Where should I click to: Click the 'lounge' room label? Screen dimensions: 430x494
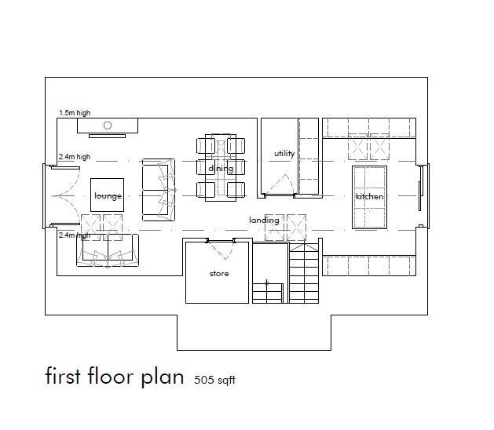point(108,196)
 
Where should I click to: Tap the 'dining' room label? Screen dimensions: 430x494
point(221,169)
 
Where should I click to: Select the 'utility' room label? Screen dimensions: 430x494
point(284,154)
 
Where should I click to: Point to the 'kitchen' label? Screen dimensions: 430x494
point(369,197)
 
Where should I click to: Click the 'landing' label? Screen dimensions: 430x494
point(264,220)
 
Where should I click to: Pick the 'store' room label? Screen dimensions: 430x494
point(219,274)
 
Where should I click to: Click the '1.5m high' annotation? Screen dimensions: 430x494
point(75,113)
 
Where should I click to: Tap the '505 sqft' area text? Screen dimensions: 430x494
point(215,381)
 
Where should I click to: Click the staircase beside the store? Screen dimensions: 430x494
point(305,271)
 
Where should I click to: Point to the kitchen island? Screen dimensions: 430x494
point(369,197)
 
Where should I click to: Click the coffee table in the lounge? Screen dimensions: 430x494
point(108,195)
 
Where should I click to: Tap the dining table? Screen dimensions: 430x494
point(221,167)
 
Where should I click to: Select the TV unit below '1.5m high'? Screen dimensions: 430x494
point(108,126)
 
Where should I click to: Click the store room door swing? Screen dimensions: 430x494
point(221,250)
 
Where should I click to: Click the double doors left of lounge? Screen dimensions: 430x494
point(61,196)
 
